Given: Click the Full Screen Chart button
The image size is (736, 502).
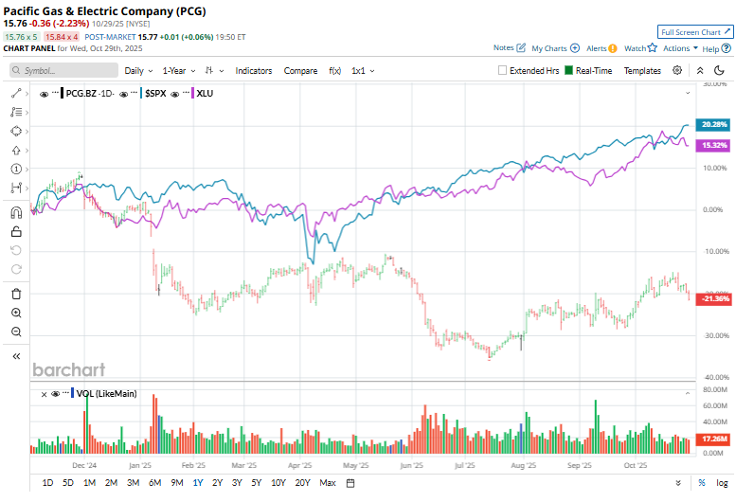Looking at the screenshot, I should click(x=695, y=32).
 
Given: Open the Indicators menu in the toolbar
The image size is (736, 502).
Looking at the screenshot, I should click(x=253, y=71).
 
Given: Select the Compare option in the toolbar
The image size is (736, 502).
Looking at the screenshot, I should click(x=300, y=71).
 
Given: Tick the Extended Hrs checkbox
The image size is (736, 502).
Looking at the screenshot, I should click(x=503, y=71).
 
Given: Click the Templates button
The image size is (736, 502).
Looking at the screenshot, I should click(x=642, y=71).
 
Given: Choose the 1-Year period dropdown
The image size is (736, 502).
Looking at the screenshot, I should click(x=177, y=71).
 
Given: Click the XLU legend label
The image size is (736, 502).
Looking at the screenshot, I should click(x=205, y=94).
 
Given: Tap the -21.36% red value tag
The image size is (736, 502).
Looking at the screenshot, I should click(x=713, y=299).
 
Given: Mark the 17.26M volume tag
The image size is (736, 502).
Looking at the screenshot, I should click(x=713, y=439).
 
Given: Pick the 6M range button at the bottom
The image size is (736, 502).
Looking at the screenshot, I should click(x=155, y=483).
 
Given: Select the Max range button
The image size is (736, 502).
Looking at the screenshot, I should click(x=328, y=483).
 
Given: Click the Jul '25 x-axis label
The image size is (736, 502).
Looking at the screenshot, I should click(x=464, y=466).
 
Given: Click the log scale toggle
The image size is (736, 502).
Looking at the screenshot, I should click(x=722, y=483).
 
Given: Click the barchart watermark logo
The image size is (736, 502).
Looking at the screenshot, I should click(x=69, y=369).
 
